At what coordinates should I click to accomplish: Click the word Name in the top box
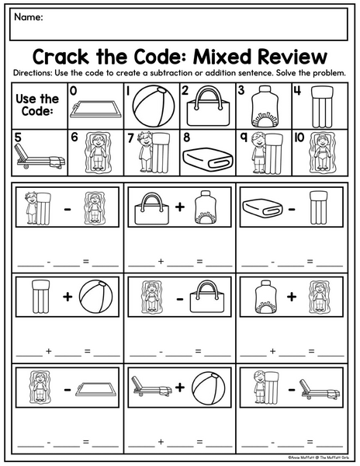pyautogui.click(x=28, y=17)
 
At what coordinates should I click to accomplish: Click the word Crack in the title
pyautogui.click(x=61, y=56)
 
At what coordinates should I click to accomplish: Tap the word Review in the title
pyautogui.click(x=292, y=56)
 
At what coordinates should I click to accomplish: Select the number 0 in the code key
pyautogui.click(x=73, y=90)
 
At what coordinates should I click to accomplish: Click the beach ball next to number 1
pyautogui.click(x=154, y=106)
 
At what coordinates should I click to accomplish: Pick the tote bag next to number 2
pyautogui.click(x=209, y=106)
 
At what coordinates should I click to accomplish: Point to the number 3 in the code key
pyautogui.click(x=241, y=90)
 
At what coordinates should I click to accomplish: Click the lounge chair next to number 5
pyautogui.click(x=40, y=157)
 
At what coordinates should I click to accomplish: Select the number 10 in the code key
pyautogui.click(x=299, y=137)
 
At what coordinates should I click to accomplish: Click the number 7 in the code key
pyautogui.click(x=130, y=138)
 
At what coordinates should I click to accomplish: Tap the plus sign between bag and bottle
pyautogui.click(x=180, y=207)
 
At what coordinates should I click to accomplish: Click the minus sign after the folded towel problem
pyautogui.click(x=292, y=209)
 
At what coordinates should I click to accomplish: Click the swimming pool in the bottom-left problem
pyautogui.click(x=96, y=390)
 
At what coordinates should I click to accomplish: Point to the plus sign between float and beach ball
pyautogui.click(x=67, y=297)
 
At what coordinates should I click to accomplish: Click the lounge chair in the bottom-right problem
pyautogui.click(x=320, y=391)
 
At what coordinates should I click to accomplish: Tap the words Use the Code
pyautogui.click(x=37, y=105)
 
